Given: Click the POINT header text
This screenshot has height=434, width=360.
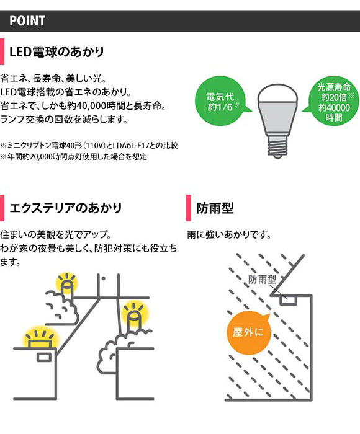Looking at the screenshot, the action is (x=27, y=21).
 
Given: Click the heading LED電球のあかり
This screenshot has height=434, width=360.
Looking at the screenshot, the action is (x=57, y=51).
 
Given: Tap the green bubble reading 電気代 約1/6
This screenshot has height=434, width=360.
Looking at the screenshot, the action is (x=220, y=101).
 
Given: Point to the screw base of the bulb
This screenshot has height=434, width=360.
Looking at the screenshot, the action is (x=277, y=147).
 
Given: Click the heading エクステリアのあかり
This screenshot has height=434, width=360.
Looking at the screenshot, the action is (x=66, y=208).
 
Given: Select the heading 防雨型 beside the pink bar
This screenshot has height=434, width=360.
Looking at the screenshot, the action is (x=215, y=208).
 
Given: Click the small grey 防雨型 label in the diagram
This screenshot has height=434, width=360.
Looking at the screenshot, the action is (x=262, y=280).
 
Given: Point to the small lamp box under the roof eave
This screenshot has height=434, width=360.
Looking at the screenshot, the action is (x=288, y=301).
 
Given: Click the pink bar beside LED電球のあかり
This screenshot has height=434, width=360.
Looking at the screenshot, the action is (x=2, y=51).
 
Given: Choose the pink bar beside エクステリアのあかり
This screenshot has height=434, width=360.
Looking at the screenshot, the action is (x=2, y=208).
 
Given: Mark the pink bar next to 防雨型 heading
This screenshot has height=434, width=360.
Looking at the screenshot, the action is (x=189, y=208).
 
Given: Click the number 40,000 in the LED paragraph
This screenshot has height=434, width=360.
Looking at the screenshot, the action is (x=89, y=106).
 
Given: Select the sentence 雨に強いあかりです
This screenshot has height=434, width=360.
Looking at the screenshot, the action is (x=229, y=235).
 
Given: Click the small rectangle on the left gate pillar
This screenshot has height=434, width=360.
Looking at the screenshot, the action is (x=44, y=357).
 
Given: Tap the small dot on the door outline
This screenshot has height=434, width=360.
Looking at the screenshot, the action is (x=103, y=279).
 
